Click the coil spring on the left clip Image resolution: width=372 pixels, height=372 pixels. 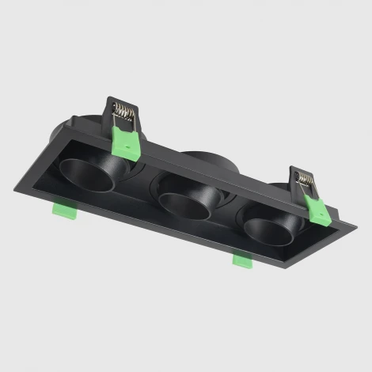(x=123, y=112)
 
